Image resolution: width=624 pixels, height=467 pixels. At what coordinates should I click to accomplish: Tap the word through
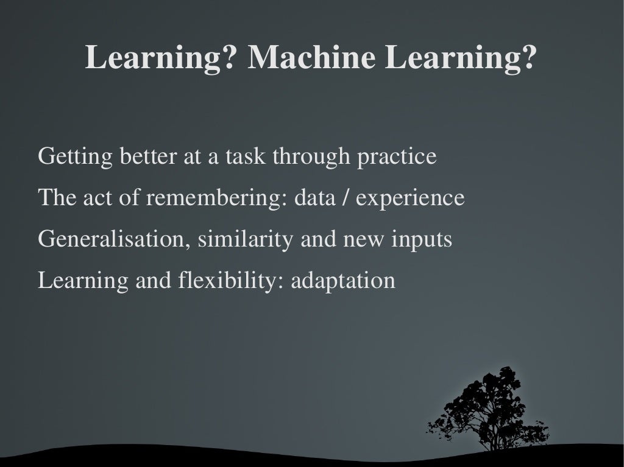(x=311, y=156)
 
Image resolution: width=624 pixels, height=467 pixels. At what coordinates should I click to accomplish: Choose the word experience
(x=409, y=198)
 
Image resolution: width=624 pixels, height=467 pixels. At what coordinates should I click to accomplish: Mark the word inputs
(x=421, y=239)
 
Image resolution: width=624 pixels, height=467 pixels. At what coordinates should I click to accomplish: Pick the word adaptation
(x=343, y=281)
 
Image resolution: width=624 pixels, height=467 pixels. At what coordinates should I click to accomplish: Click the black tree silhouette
(x=491, y=408)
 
